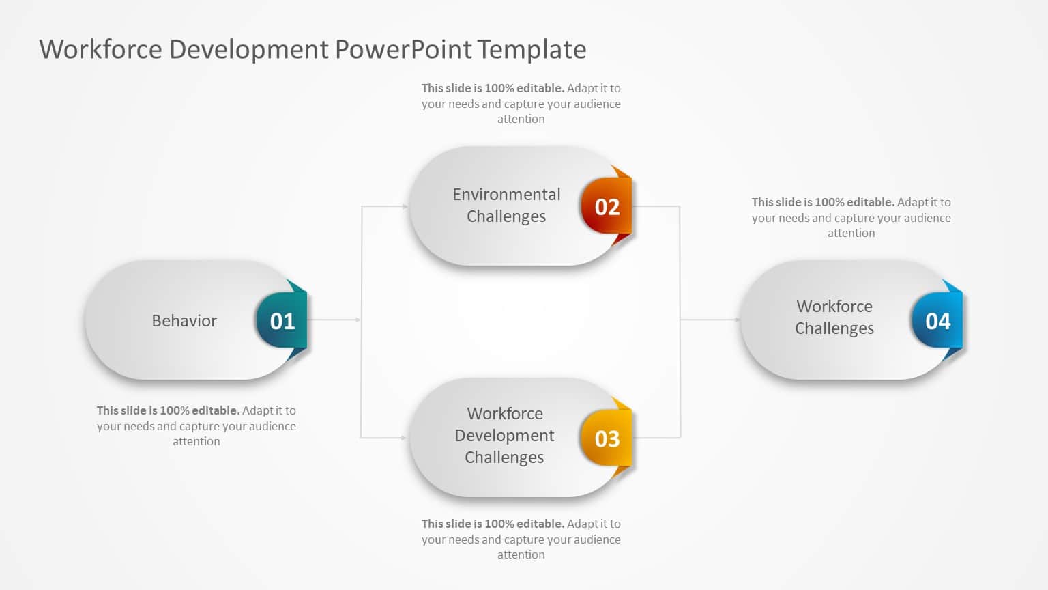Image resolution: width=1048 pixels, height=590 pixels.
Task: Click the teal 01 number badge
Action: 282,321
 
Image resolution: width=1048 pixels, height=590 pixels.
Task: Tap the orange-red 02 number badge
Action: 607,206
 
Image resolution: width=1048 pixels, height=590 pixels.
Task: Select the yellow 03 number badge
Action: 607,438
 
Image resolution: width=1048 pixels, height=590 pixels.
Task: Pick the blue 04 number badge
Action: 937,321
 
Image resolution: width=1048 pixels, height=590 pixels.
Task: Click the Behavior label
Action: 184,321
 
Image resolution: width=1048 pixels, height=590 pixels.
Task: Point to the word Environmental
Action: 506,195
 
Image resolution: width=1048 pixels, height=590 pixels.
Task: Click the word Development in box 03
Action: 504,436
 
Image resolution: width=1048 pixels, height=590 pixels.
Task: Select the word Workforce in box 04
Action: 834,307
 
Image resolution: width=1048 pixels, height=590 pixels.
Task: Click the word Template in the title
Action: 532,50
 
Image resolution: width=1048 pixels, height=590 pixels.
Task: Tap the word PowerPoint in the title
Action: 403,50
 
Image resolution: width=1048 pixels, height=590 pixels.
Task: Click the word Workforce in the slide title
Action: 100,50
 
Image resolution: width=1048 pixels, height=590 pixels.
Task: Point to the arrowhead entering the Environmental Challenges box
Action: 405,206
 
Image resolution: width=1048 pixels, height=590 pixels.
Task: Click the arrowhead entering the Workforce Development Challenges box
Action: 405,438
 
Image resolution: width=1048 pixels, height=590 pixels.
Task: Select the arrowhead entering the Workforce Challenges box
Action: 737,320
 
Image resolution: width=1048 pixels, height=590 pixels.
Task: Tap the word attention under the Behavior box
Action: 196,442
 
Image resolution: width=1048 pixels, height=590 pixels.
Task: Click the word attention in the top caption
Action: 521,120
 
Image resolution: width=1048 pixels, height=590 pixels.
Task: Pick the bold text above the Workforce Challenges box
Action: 823,202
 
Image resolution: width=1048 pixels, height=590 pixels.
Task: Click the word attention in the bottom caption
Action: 521,555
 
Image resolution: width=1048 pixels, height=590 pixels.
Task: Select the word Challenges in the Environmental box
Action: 506,216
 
